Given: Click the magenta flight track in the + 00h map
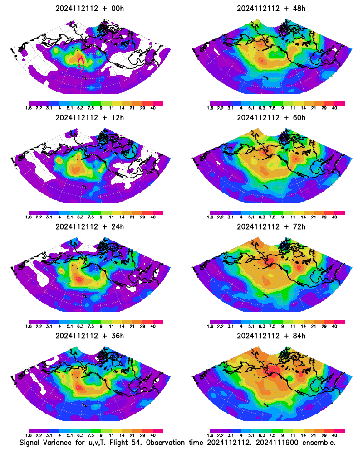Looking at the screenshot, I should click(x=81, y=63).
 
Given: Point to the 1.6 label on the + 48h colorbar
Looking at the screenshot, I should click(x=210, y=108).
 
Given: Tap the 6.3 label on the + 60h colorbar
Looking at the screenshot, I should click(x=262, y=217).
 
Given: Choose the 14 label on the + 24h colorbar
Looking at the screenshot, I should click(x=122, y=326).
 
